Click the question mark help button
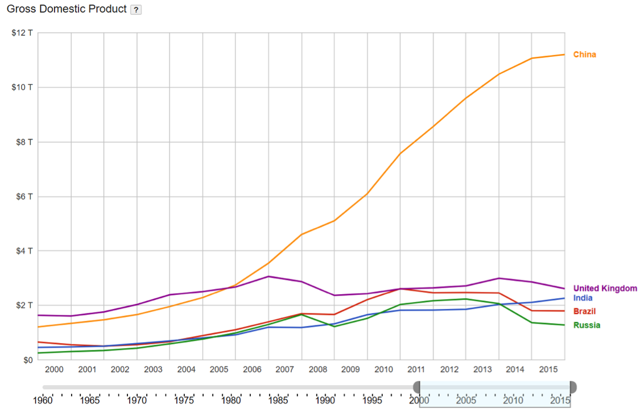pyautogui.click(x=136, y=10)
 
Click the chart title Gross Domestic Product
pyautogui.click(x=67, y=10)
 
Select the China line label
pyautogui.click(x=584, y=55)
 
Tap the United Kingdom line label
pyautogui.click(x=605, y=288)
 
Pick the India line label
pyautogui.click(x=583, y=298)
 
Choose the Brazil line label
pyautogui.click(x=584, y=311)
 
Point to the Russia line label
pyautogui.click(x=586, y=325)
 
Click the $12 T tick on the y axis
pyautogui.click(x=22, y=32)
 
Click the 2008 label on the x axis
pyautogui.click(x=318, y=370)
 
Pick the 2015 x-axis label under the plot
pyautogui.click(x=548, y=370)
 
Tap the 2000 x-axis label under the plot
pyautogui.click(x=54, y=370)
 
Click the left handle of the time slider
pyautogui.click(x=417, y=387)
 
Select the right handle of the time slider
pyautogui.click(x=573, y=387)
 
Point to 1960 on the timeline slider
pyautogui.click(x=43, y=400)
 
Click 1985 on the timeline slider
pyautogui.click(x=278, y=400)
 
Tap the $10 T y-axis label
pyautogui.click(x=22, y=87)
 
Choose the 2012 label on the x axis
pyautogui.click(x=449, y=370)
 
